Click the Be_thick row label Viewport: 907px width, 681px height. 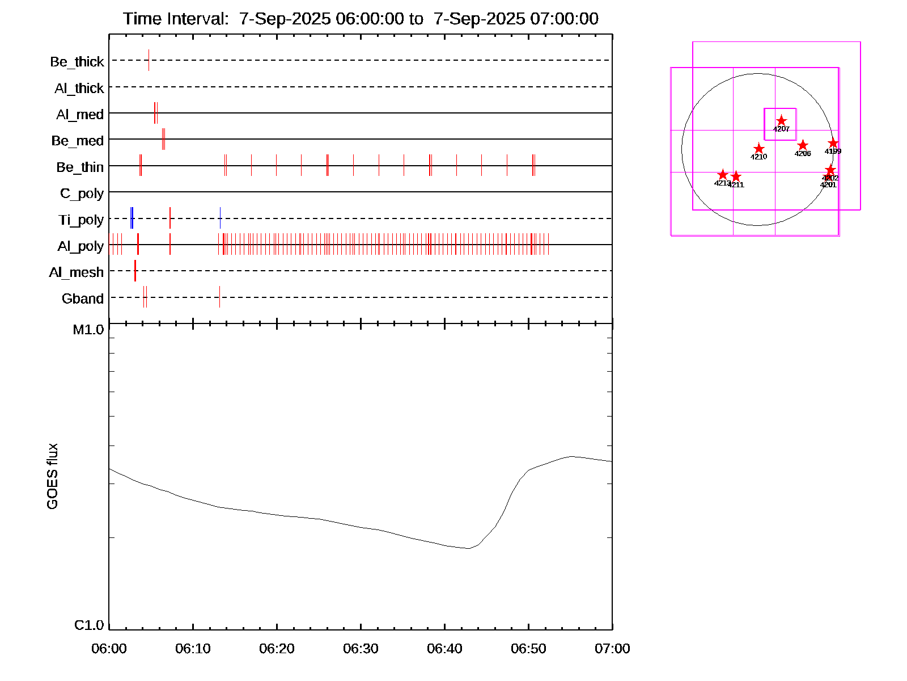click(77, 62)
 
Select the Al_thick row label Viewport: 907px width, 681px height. click(79, 89)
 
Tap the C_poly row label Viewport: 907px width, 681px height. click(82, 194)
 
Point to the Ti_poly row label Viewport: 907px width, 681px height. click(81, 220)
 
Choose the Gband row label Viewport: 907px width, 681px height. click(83, 299)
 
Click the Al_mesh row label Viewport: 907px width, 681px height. click(77, 273)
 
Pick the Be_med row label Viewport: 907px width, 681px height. click(78, 141)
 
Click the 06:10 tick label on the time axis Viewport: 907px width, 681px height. click(193, 649)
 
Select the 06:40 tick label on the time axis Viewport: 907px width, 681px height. click(444, 649)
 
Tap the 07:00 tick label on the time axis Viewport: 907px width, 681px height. click(612, 649)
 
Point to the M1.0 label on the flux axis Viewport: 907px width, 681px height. click(88, 330)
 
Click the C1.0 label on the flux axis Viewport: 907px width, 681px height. click(89, 625)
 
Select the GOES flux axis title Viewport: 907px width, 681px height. click(52, 476)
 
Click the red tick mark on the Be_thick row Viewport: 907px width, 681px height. click(149, 60)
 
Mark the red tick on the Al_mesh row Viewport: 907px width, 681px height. click(135, 271)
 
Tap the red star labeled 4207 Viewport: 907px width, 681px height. click(781, 121)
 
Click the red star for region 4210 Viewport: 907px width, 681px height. click(759, 149)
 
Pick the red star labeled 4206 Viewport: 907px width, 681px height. click(803, 145)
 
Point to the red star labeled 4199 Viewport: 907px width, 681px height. click(833, 143)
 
